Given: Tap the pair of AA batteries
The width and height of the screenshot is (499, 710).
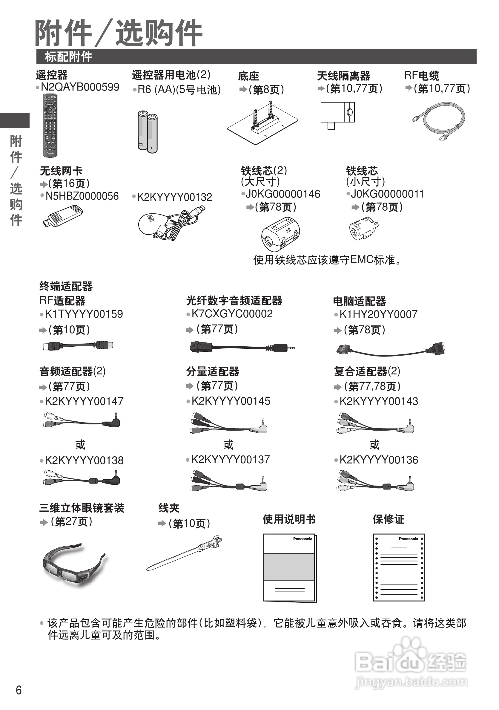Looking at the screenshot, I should click(148, 132).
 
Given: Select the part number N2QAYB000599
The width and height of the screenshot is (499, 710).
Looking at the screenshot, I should click(80, 87).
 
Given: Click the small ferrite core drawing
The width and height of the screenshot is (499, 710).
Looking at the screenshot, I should click(363, 229).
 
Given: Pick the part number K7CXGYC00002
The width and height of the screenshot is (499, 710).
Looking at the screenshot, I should click(232, 314).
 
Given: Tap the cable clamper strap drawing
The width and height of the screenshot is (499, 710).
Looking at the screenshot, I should click(185, 553).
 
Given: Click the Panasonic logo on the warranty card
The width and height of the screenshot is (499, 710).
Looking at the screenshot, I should click(408, 539).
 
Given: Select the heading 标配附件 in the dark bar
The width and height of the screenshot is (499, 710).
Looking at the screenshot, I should click(69, 56).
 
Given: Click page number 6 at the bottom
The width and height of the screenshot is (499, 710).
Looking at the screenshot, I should click(19, 690).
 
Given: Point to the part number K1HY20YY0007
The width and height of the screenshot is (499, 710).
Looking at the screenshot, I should click(378, 314).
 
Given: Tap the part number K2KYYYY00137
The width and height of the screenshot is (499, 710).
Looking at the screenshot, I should click(230, 460).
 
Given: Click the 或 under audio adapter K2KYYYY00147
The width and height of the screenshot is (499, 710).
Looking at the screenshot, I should click(80, 445).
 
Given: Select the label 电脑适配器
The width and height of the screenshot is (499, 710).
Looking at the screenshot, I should click(359, 301).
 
